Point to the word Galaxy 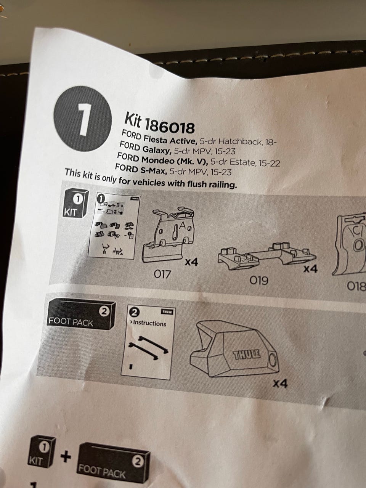pyautogui.click(x=157, y=149)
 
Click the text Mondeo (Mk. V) pyautogui.click(x=175, y=160)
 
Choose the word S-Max pyautogui.click(x=153, y=170)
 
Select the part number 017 pyautogui.click(x=162, y=274)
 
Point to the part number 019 pyautogui.click(x=258, y=281)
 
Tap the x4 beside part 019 pyautogui.click(x=310, y=269)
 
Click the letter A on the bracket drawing pyautogui.click(x=182, y=226)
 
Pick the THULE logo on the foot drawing pyautogui.click(x=246, y=355)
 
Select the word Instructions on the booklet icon pyautogui.click(x=149, y=323)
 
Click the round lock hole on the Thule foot pyautogui.click(x=273, y=360)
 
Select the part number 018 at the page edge pyautogui.click(x=356, y=287)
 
